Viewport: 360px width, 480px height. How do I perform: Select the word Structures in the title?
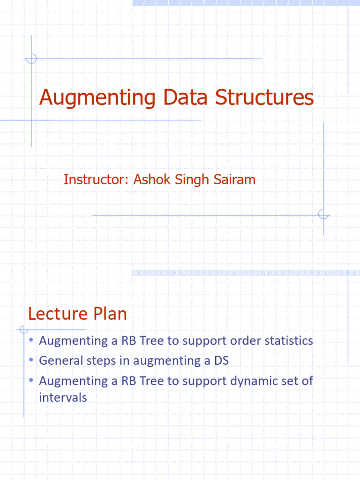tap(264, 98)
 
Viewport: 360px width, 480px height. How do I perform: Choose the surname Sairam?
tap(235, 180)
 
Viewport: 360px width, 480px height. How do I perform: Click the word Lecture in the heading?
tap(57, 314)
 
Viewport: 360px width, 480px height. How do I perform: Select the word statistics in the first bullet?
tap(288, 341)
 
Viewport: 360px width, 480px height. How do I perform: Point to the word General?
tap(59, 361)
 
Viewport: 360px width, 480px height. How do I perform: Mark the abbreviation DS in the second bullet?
tap(221, 361)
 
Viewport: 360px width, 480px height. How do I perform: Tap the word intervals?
tap(63, 398)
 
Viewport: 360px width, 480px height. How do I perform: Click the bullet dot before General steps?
tap(30, 360)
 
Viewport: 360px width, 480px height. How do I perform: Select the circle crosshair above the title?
tap(31, 59)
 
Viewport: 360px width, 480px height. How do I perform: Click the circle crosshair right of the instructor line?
tap(323, 215)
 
